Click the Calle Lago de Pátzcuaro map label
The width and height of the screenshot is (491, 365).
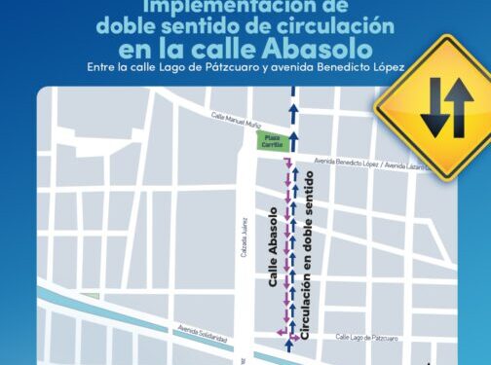pos(366,337)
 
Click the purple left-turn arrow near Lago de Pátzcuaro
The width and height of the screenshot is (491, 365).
pos(283,333)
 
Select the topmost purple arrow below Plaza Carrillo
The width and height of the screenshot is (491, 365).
pos(285,160)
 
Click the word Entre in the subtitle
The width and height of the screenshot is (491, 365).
pos(97,67)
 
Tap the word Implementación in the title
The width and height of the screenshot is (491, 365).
pos(210,7)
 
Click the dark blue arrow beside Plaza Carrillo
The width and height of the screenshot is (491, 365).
pos(291,142)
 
